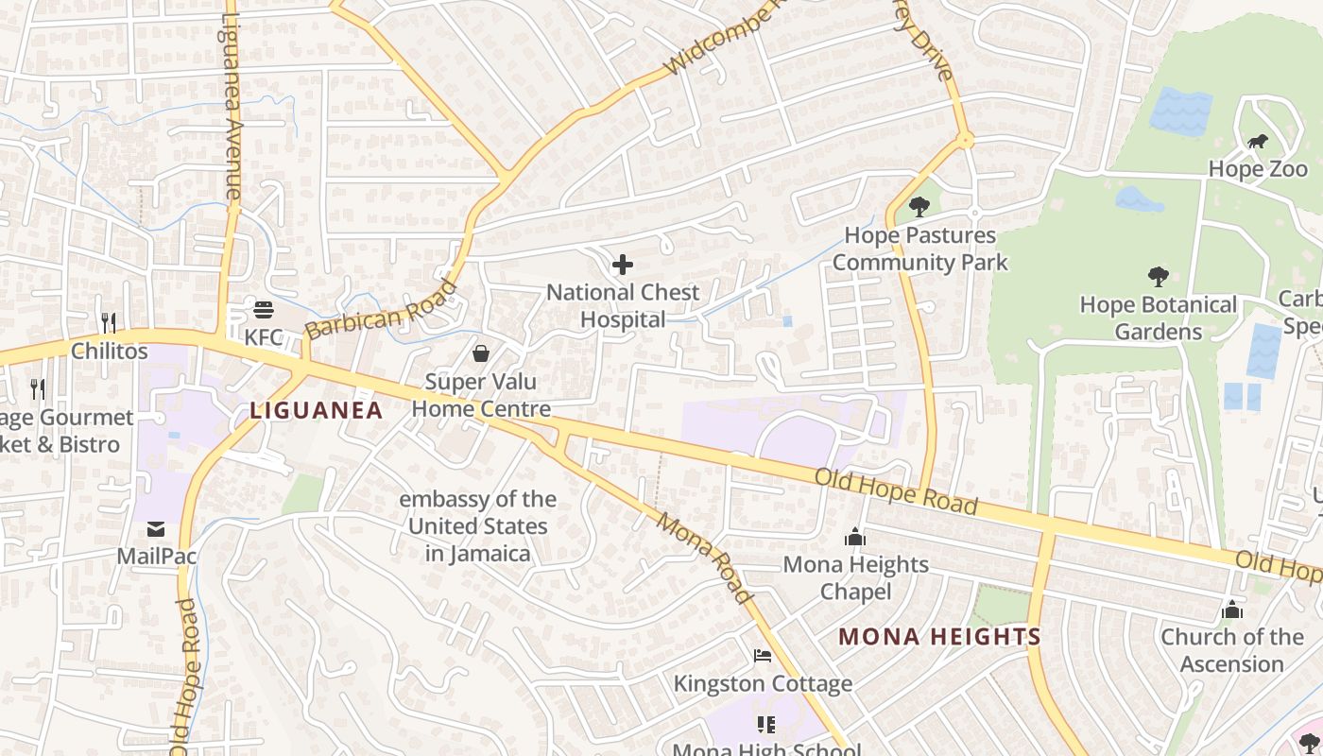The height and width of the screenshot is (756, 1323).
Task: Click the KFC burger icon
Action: point(263,310)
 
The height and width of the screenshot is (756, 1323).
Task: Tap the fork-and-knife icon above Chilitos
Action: point(109,323)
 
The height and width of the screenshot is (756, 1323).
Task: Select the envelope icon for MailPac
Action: point(156,529)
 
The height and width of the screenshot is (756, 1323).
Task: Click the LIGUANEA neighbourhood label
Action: point(317,410)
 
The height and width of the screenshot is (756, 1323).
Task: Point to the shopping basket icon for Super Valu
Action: point(481,353)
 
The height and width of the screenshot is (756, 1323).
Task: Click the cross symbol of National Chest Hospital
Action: point(623,265)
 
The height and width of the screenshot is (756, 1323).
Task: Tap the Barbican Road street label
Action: point(381,310)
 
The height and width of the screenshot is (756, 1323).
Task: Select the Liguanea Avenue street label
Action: point(231,104)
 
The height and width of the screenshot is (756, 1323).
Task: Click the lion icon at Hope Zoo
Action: point(1257,143)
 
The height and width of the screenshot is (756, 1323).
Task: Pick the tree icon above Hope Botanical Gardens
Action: point(1158,277)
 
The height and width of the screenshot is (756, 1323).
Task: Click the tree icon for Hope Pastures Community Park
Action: point(919,207)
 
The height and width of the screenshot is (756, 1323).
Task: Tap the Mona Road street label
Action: point(705,558)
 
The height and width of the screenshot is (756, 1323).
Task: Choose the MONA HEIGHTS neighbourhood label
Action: point(939,637)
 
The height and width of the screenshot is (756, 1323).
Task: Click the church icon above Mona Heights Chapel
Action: point(855,537)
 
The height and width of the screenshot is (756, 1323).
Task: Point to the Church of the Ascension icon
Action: point(1232,610)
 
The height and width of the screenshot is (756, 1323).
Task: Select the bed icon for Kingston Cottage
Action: point(763,656)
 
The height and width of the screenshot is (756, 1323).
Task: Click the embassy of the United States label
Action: point(477,526)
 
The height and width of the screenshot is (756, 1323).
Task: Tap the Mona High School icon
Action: point(766,725)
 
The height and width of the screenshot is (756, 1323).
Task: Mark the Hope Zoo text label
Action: point(1258,169)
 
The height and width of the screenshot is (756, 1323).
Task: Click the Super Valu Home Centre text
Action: point(481,395)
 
